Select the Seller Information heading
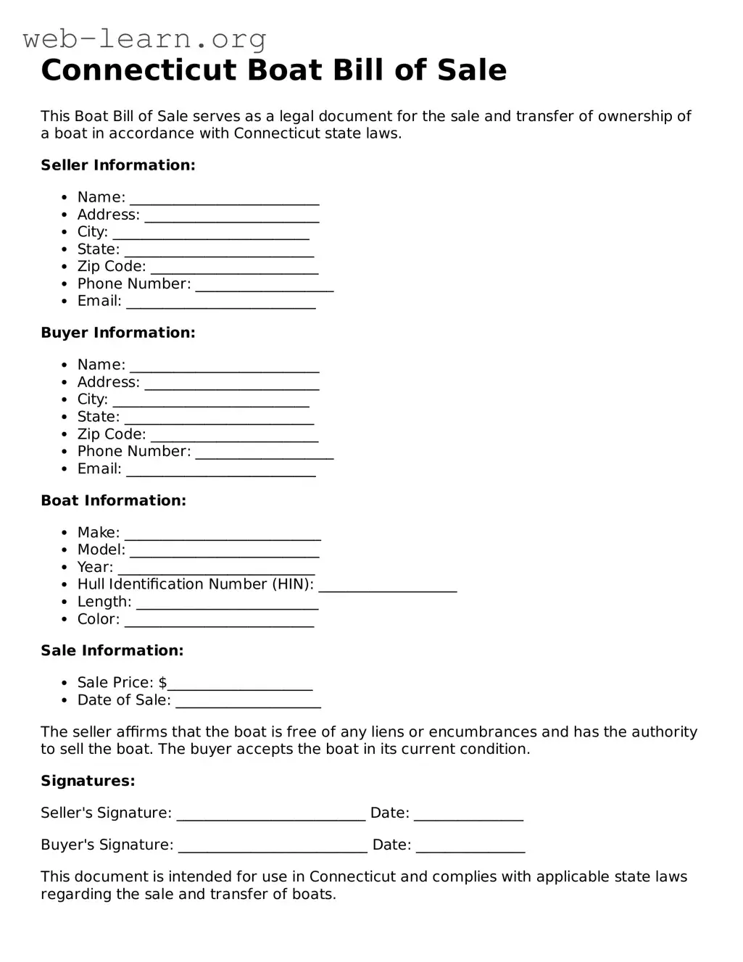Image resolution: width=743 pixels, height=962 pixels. coord(118,165)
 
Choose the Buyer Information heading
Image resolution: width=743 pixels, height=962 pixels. coord(118,333)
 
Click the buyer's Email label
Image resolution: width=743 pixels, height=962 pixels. coord(99,469)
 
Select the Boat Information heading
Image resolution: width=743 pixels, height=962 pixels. coord(113,500)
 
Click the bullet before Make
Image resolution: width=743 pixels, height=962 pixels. coord(65,533)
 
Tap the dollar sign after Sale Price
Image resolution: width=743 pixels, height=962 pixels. coord(162,683)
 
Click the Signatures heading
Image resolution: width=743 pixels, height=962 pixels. coord(88,781)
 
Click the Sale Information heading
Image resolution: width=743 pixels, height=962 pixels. coord(112,650)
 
